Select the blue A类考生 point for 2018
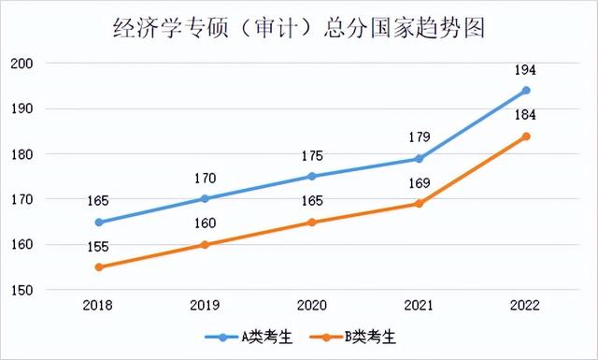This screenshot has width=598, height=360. tap(99, 223)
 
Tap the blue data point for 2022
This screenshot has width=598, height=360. tap(526, 91)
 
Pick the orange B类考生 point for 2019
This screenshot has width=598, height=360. tap(206, 245)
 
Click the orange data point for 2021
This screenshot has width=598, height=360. tap(420, 204)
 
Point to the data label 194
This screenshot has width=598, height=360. tap(525, 70)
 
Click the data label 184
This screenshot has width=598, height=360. tap(525, 116)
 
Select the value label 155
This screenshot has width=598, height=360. tap(99, 247)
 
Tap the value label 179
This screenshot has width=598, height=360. tap(419, 138)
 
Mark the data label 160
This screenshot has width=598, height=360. tap(206, 223)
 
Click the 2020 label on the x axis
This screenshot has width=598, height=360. tap(312, 305)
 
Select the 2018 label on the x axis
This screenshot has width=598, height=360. tap(99, 305)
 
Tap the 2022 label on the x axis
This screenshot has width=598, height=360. tap(526, 305)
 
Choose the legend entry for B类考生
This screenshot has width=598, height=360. tap(352, 335)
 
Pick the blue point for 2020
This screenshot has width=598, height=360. tap(312, 177)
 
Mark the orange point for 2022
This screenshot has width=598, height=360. tap(526, 137)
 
